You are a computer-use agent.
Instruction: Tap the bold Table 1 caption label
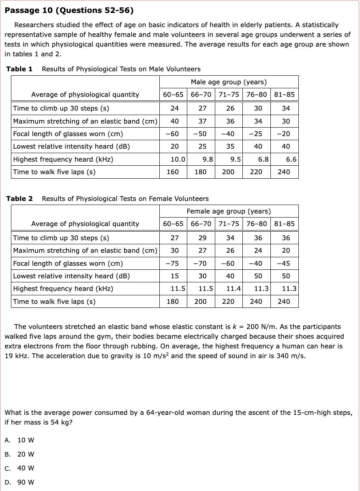[19, 69]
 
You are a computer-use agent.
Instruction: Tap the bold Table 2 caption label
[19, 199]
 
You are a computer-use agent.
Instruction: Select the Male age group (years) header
[229, 82]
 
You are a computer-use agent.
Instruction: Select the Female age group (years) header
[229, 211]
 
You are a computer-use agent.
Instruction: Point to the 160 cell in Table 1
[173, 172]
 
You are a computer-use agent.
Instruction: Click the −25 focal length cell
[256, 134]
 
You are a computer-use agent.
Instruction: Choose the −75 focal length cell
[173, 263]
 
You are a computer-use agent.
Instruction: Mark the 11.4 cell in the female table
[234, 288]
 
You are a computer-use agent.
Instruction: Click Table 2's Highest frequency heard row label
[63, 288]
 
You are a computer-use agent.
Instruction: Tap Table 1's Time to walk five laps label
[54, 172]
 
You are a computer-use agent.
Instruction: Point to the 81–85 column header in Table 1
[284, 94]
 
